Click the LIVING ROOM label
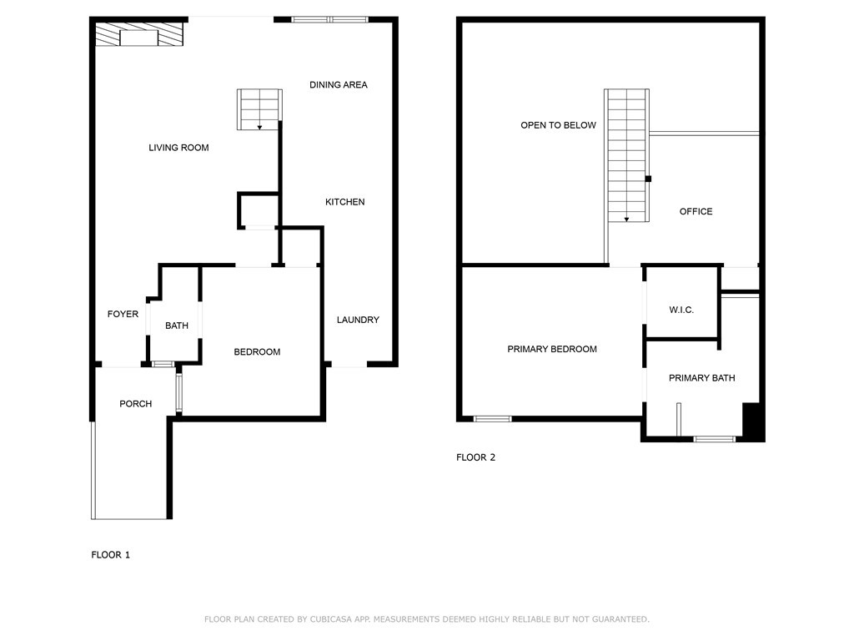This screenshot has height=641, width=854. (178, 148)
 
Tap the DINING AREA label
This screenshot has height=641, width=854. (338, 84)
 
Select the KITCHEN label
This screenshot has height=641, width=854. (344, 202)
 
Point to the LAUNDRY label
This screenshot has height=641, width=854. (358, 320)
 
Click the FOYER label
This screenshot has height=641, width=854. (123, 314)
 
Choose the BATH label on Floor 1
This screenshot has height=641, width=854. (176, 326)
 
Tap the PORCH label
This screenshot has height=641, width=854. (135, 404)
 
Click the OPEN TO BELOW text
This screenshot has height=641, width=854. (558, 125)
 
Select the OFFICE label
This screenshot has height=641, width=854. (696, 211)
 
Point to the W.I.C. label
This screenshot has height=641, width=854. (681, 310)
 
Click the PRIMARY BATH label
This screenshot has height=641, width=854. (701, 378)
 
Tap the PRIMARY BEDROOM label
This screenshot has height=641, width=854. (551, 349)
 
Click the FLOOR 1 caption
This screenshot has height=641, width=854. (110, 554)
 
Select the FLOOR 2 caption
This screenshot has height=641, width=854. (475, 457)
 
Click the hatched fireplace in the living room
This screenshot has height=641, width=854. (138, 35)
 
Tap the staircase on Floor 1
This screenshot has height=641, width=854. (260, 109)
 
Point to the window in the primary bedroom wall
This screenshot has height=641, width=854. (492, 418)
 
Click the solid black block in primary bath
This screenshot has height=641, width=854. (753, 421)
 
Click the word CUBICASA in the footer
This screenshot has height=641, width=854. (333, 619)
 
